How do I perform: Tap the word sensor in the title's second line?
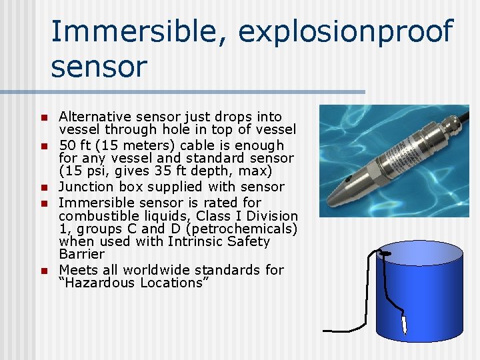(99, 67)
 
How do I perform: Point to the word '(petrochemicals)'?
(246, 229)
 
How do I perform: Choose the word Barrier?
(82, 254)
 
